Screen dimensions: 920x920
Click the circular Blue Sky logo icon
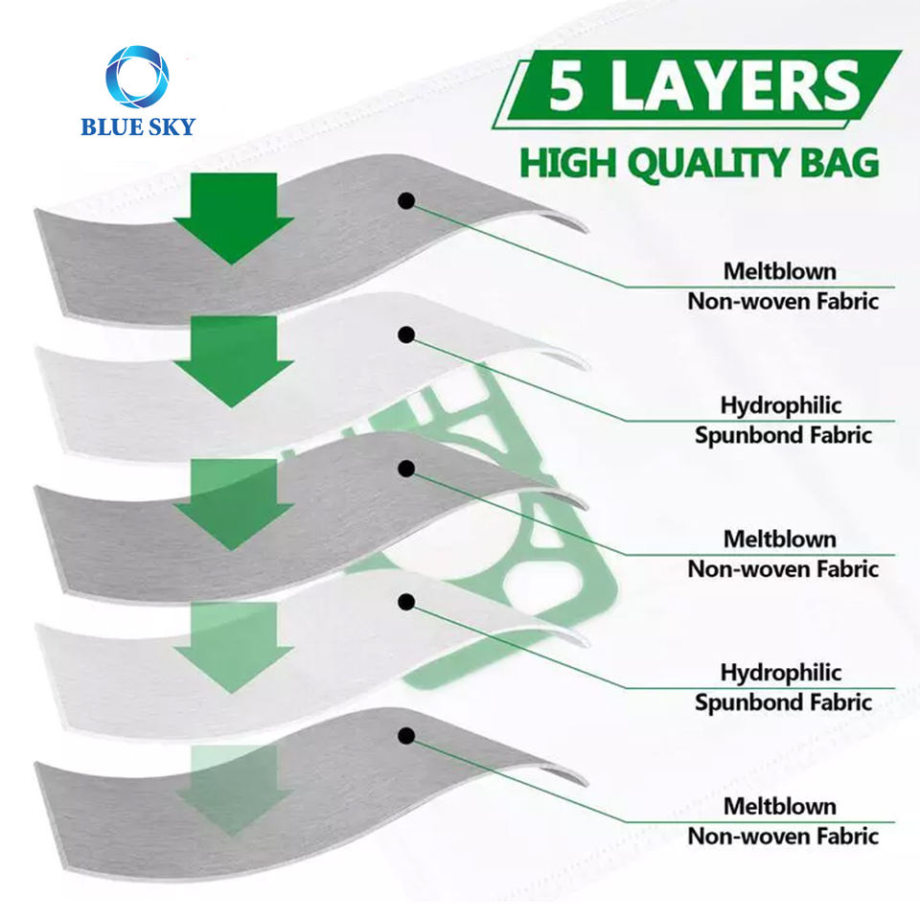point(137,77)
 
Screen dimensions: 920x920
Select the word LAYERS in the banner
point(730,88)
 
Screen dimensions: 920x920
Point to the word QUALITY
point(701,163)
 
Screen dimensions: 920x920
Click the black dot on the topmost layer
point(406,200)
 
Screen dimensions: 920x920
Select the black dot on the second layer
point(406,334)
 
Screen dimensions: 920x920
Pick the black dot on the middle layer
point(406,469)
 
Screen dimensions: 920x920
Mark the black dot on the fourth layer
point(406,602)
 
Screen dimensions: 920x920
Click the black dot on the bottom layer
point(406,736)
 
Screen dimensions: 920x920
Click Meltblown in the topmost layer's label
point(780,271)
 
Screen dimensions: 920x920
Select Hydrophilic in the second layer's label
point(781,405)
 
